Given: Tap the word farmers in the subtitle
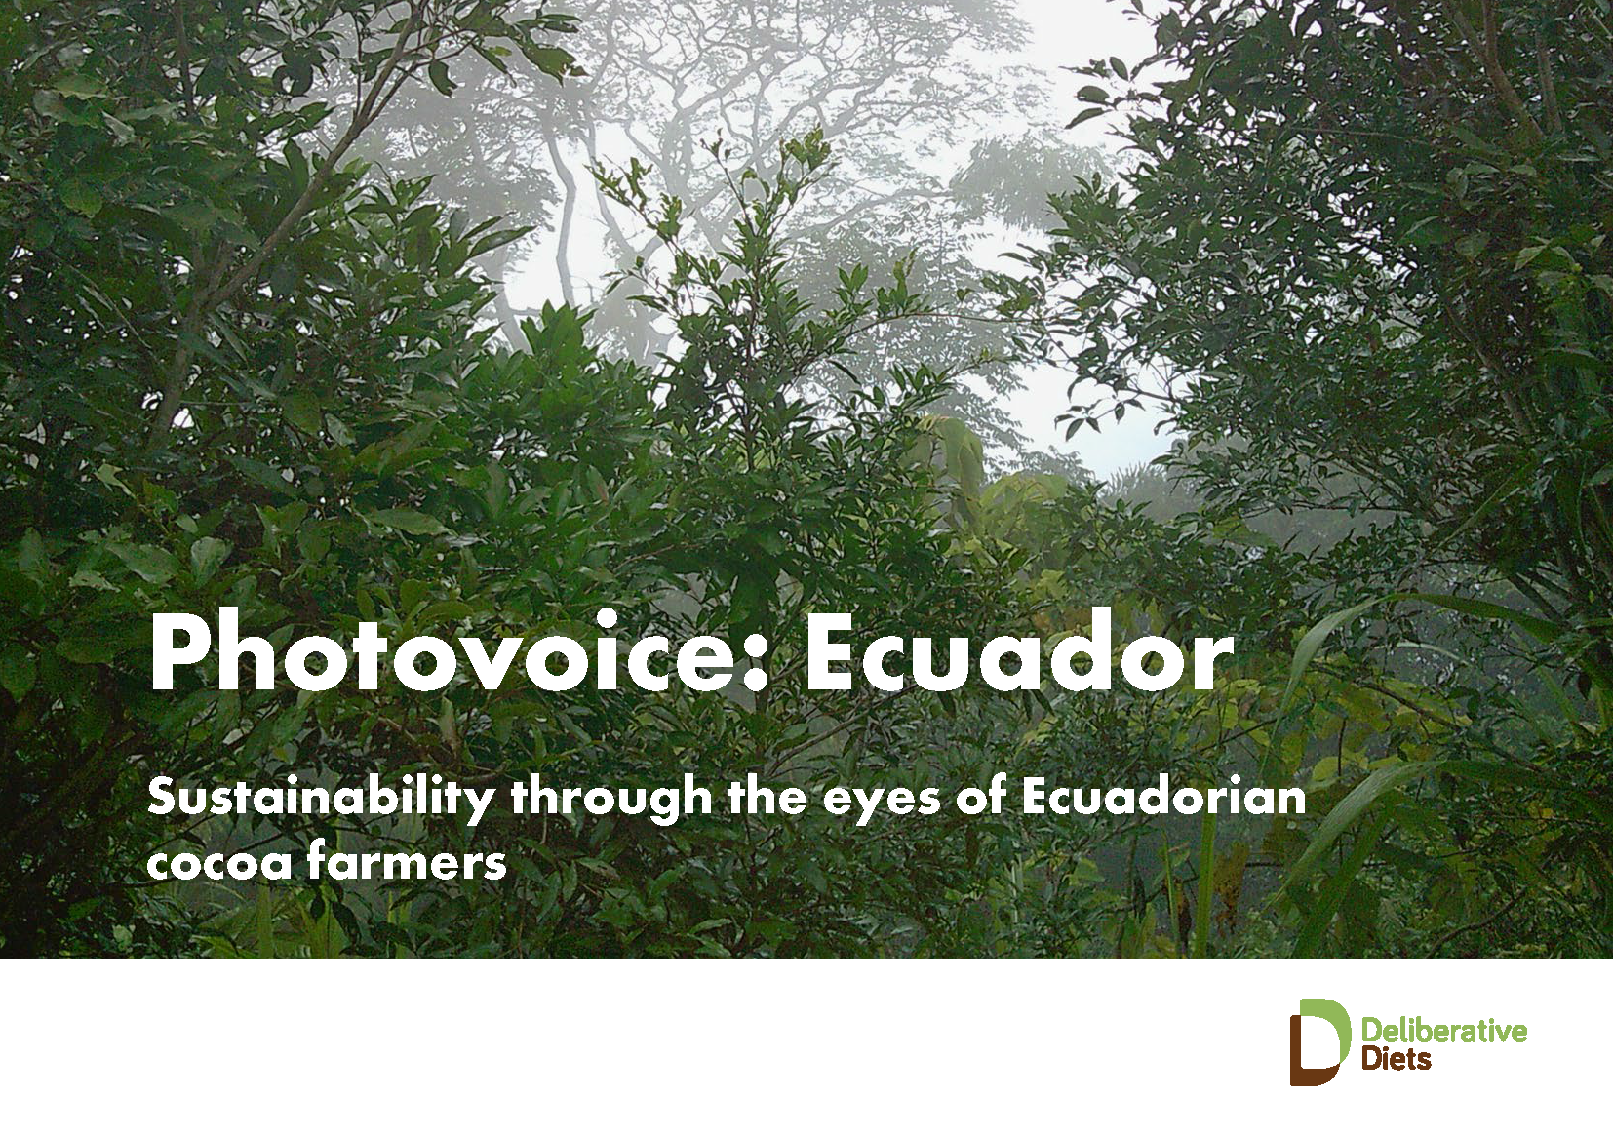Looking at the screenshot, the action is pos(407,860).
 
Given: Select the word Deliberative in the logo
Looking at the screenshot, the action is pos(1444,1032).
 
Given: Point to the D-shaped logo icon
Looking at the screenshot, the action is pos(1319,1041).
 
